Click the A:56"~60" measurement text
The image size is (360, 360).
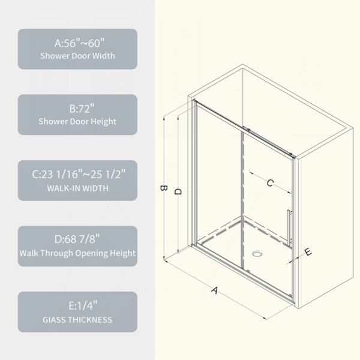pos(79,43)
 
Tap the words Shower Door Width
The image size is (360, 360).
pos(77,56)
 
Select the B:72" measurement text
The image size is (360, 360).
pos(82,109)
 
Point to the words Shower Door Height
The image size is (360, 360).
pos(77,121)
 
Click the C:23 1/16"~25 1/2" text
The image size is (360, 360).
pos(79,174)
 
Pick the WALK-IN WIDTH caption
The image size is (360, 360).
pos(77,188)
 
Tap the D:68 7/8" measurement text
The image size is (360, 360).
pos(77,239)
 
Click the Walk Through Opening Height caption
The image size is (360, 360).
pos(77,253)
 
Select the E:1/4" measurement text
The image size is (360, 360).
pos(83,305)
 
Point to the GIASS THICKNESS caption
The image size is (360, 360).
pos(77,320)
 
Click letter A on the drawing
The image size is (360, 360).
pos(214,290)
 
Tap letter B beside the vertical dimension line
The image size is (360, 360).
pos(163,188)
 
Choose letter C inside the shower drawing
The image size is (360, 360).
pos(270,183)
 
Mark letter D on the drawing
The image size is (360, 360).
pos(178,191)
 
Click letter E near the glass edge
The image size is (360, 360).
pos(308,252)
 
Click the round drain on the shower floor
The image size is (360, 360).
pos(257,254)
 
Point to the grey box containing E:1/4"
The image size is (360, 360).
pos(77,312)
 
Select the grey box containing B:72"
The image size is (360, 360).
pos(77,115)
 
